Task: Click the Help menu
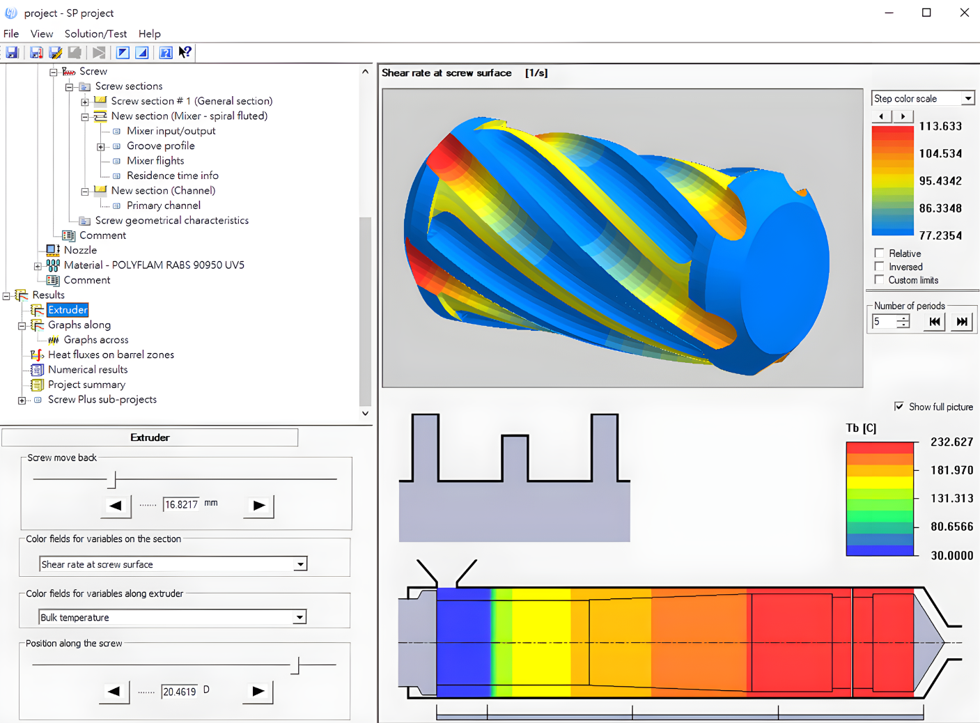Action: pyautogui.click(x=149, y=33)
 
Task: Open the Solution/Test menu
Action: pyautogui.click(x=95, y=33)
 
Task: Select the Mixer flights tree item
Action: pyautogui.click(x=155, y=160)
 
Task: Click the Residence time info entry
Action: pyautogui.click(x=172, y=176)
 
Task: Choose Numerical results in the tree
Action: pyautogui.click(x=88, y=369)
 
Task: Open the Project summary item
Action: pyautogui.click(x=86, y=384)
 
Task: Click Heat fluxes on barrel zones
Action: pyautogui.click(x=111, y=355)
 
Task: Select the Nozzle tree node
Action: pyautogui.click(x=80, y=250)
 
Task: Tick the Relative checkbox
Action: pyautogui.click(x=879, y=253)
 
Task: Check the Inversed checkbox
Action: pyautogui.click(x=879, y=266)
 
